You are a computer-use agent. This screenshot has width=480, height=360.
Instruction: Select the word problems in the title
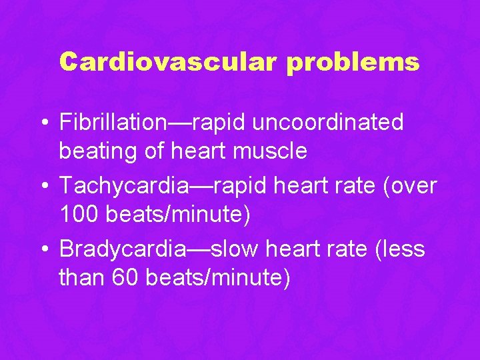pos(354,62)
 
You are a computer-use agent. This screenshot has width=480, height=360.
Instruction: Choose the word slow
pos(236,249)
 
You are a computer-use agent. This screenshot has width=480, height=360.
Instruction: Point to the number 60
pos(124,278)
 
